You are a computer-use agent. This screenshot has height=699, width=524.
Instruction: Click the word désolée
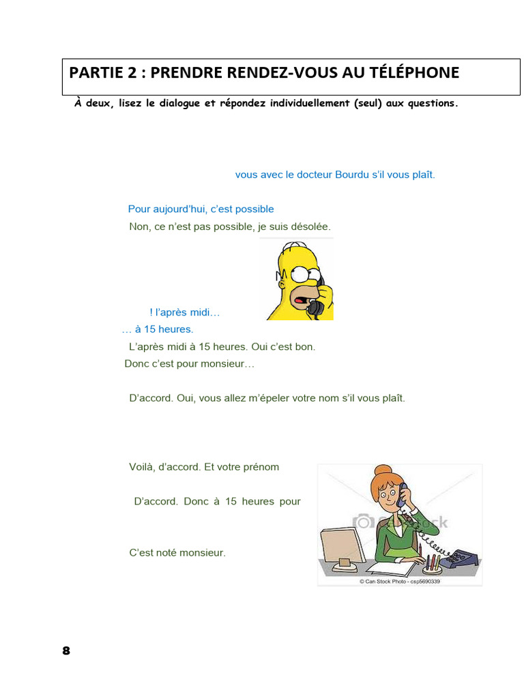pyautogui.click(x=310, y=226)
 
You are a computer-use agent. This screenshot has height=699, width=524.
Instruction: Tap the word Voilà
pyautogui.click(x=142, y=467)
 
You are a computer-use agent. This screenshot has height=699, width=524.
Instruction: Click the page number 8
pyautogui.click(x=66, y=651)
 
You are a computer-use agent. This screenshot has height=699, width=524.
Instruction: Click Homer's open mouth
pyautogui.click(x=300, y=299)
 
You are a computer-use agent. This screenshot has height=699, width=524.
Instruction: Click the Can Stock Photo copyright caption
pyautogui.click(x=399, y=582)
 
